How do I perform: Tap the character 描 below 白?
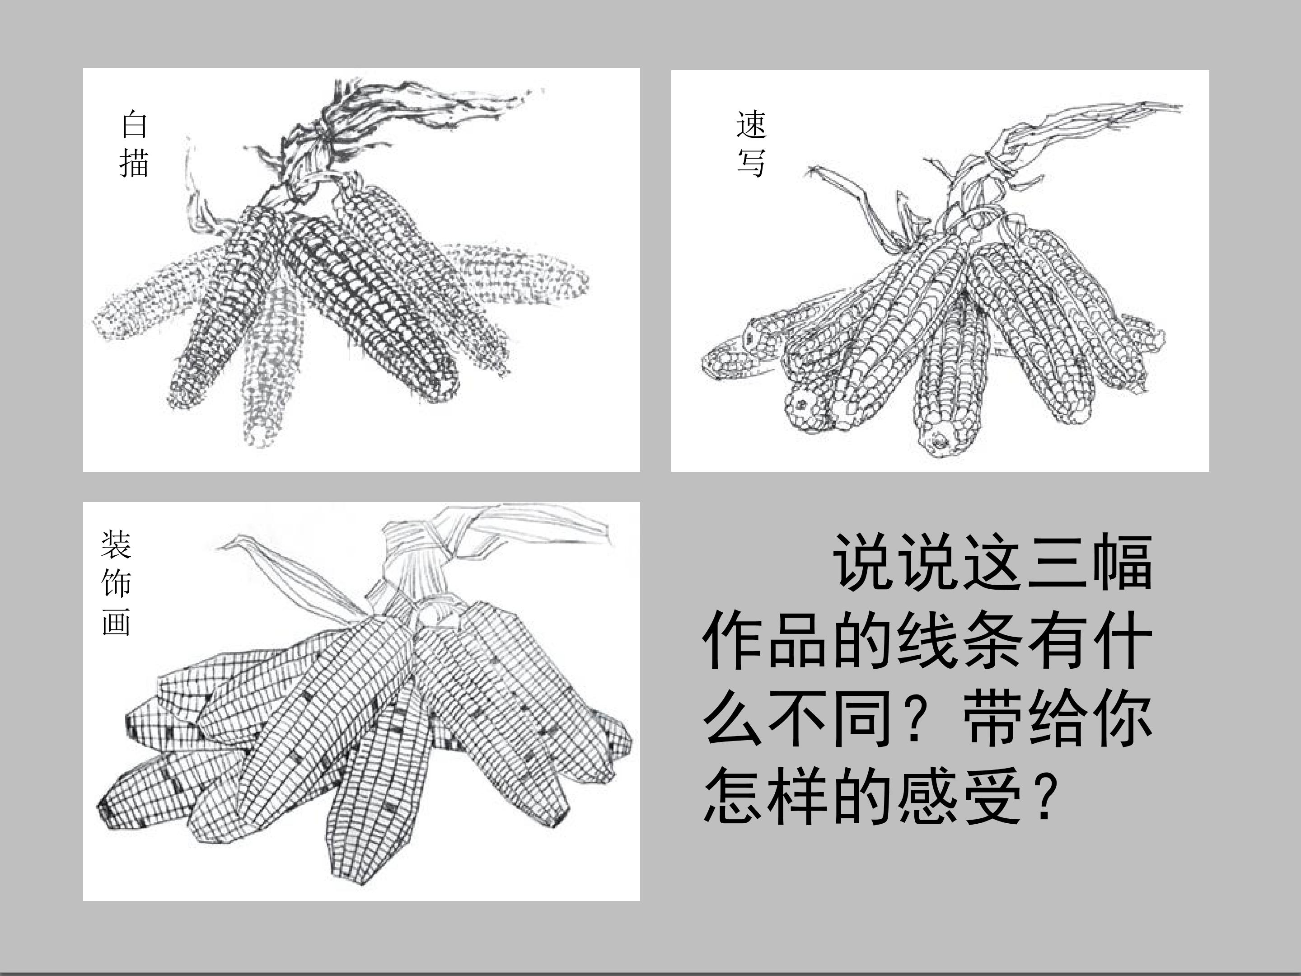(x=134, y=162)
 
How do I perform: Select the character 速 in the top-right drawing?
(x=751, y=124)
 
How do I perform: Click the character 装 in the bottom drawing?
(x=116, y=544)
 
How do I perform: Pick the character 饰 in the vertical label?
(x=116, y=582)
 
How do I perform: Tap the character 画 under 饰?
(x=116, y=621)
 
